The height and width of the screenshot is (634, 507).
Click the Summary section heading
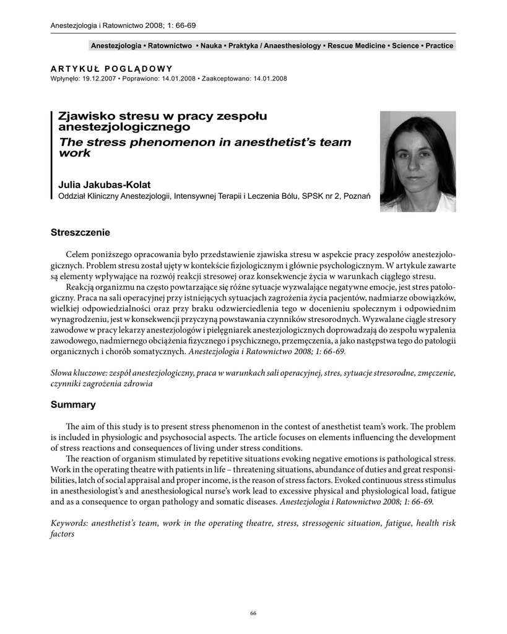click(x=73, y=405)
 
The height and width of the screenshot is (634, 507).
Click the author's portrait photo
click(x=418, y=162)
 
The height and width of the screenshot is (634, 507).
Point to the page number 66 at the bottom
click(x=253, y=613)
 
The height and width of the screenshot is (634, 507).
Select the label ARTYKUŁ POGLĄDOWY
click(x=111, y=69)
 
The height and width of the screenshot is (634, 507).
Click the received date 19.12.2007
click(x=95, y=79)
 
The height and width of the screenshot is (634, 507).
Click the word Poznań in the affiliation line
click(x=356, y=196)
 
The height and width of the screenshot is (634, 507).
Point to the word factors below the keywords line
click(x=62, y=534)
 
